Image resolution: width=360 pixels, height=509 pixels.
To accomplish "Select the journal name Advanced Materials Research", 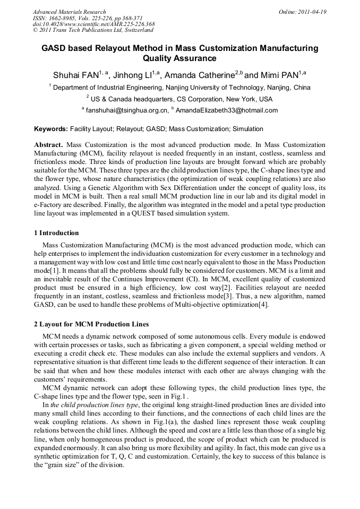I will (x=69, y=12).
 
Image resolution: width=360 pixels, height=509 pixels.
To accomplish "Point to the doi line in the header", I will (x=93, y=24).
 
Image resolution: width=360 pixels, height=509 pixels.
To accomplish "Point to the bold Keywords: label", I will (x=51, y=129).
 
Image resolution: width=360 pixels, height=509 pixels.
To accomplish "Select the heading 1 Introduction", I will (x=56, y=233).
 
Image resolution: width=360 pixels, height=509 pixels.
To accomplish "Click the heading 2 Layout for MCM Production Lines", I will (x=91, y=324).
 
